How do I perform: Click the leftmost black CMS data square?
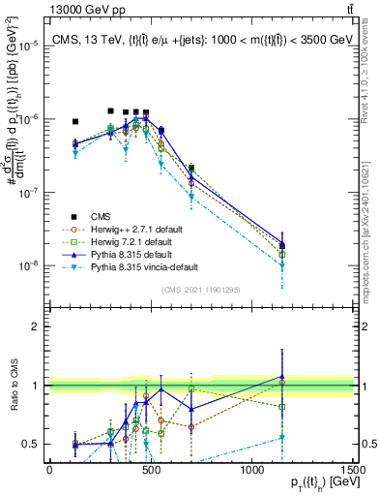point(75,121)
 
